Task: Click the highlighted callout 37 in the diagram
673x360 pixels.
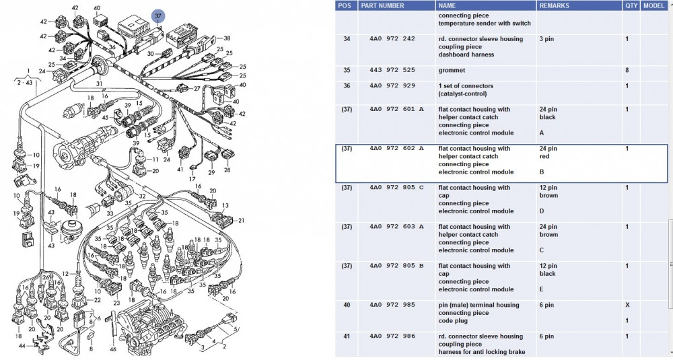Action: click(157, 15)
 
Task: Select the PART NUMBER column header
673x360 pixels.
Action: click(382, 5)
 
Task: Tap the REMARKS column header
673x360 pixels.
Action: click(556, 5)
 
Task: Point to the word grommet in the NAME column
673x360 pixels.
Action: click(452, 70)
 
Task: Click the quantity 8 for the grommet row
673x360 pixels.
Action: click(627, 70)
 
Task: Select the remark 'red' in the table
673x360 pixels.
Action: click(545, 157)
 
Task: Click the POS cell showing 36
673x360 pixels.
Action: click(347, 86)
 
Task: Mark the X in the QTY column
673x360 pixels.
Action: click(627, 305)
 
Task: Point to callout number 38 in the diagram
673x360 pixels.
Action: click(227, 38)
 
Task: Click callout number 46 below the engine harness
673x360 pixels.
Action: click(112, 349)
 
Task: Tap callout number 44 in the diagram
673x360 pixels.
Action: click(22, 346)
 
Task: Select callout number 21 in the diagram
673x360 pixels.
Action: click(241, 220)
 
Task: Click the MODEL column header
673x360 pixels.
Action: click(653, 5)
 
